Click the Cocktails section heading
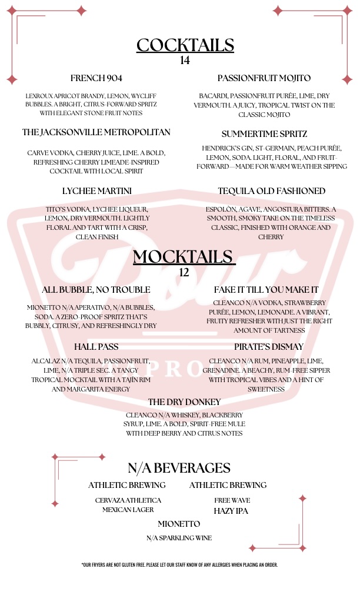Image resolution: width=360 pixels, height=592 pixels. click(185, 45)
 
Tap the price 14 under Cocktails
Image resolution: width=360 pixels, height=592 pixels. click(185, 60)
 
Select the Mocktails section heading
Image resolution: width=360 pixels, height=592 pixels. click(184, 257)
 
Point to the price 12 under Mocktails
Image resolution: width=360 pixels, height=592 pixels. click(184, 272)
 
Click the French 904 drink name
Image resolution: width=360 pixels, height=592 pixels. click(96, 78)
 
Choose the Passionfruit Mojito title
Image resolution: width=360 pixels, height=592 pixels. click(264, 78)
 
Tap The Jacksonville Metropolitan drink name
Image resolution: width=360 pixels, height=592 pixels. click(96, 132)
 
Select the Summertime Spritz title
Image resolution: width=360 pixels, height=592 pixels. click(264, 134)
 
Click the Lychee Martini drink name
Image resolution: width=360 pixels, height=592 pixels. click(96, 191)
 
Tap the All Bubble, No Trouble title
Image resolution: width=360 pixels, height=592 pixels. click(96, 290)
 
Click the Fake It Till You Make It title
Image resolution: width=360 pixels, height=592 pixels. click(266, 290)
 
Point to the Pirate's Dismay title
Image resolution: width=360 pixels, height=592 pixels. click(268, 346)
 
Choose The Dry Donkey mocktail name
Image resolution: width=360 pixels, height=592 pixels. click(184, 402)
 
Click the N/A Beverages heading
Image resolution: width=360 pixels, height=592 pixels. click(179, 468)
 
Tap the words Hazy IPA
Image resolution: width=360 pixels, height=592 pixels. click(231, 511)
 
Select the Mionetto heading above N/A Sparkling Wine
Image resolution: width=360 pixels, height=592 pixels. click(179, 524)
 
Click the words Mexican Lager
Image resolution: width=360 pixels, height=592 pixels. click(128, 510)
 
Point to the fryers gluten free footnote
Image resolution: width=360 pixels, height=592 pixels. click(179, 565)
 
